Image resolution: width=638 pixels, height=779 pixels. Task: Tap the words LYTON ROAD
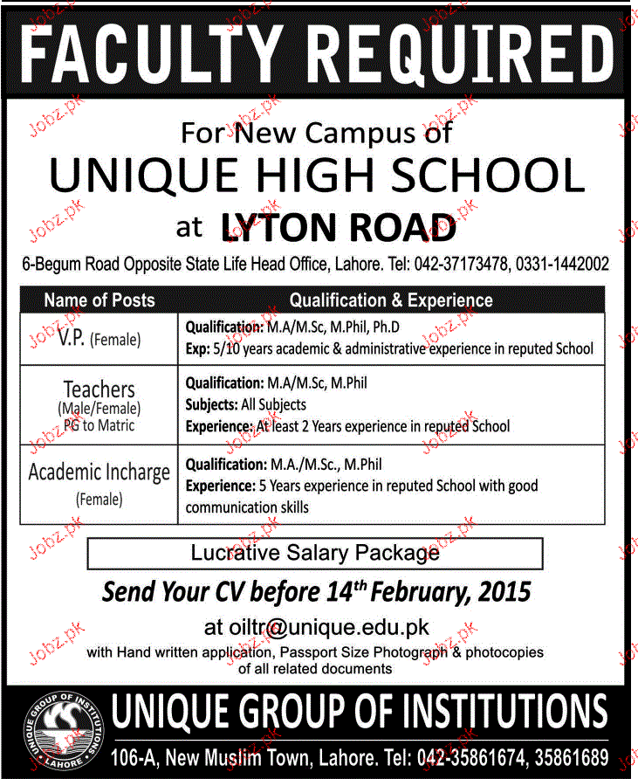[x=340, y=229]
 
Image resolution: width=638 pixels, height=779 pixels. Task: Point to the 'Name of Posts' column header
[x=99, y=300]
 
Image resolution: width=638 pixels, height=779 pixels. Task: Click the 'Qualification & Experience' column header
[x=391, y=300]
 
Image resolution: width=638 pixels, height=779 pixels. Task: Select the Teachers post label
[x=99, y=389]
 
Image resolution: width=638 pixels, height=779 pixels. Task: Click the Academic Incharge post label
[x=99, y=472]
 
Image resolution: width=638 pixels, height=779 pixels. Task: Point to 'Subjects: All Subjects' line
[x=246, y=404]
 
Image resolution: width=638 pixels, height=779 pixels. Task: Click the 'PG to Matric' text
[x=99, y=424]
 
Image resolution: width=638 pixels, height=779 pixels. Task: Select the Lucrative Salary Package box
[x=315, y=553]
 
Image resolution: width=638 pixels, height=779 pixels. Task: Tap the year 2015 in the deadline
[x=502, y=592]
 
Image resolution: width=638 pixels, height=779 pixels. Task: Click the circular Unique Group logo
[x=62, y=731]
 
